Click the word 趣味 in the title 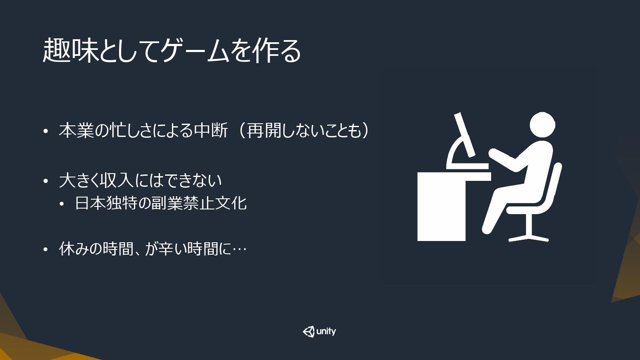70,51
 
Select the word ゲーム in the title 195,51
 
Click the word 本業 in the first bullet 76,131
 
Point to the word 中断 211,131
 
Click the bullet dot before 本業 46,131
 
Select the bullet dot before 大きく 46,181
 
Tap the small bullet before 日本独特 62,204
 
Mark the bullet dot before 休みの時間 46,250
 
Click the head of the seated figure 542,125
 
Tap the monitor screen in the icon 465,134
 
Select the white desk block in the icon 442,206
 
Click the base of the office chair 529,238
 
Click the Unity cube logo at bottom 308,332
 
